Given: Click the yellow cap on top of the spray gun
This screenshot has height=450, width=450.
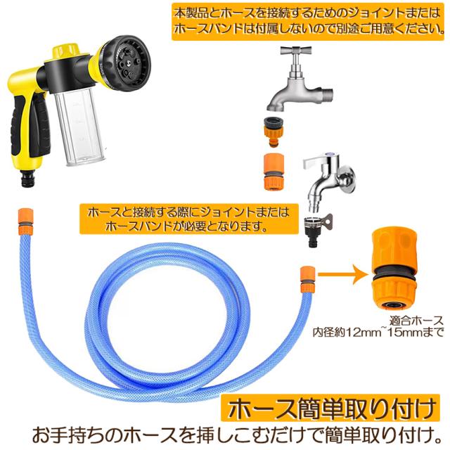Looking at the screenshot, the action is (x=65, y=52).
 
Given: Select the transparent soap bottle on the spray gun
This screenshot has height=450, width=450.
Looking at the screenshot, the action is (x=79, y=127).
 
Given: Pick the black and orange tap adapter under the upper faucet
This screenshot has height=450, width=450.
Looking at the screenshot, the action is (x=274, y=131).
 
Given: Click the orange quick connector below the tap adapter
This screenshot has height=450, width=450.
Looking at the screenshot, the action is (x=274, y=172).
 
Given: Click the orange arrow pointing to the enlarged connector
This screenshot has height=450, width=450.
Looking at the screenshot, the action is (x=343, y=275).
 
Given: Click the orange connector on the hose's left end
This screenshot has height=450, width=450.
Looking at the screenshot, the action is (x=26, y=221).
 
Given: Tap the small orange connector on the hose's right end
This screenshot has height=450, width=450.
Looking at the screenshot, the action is (x=308, y=279).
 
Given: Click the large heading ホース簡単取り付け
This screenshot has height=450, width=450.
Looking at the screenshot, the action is (x=330, y=409).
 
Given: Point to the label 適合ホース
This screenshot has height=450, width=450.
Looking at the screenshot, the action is (x=416, y=321).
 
